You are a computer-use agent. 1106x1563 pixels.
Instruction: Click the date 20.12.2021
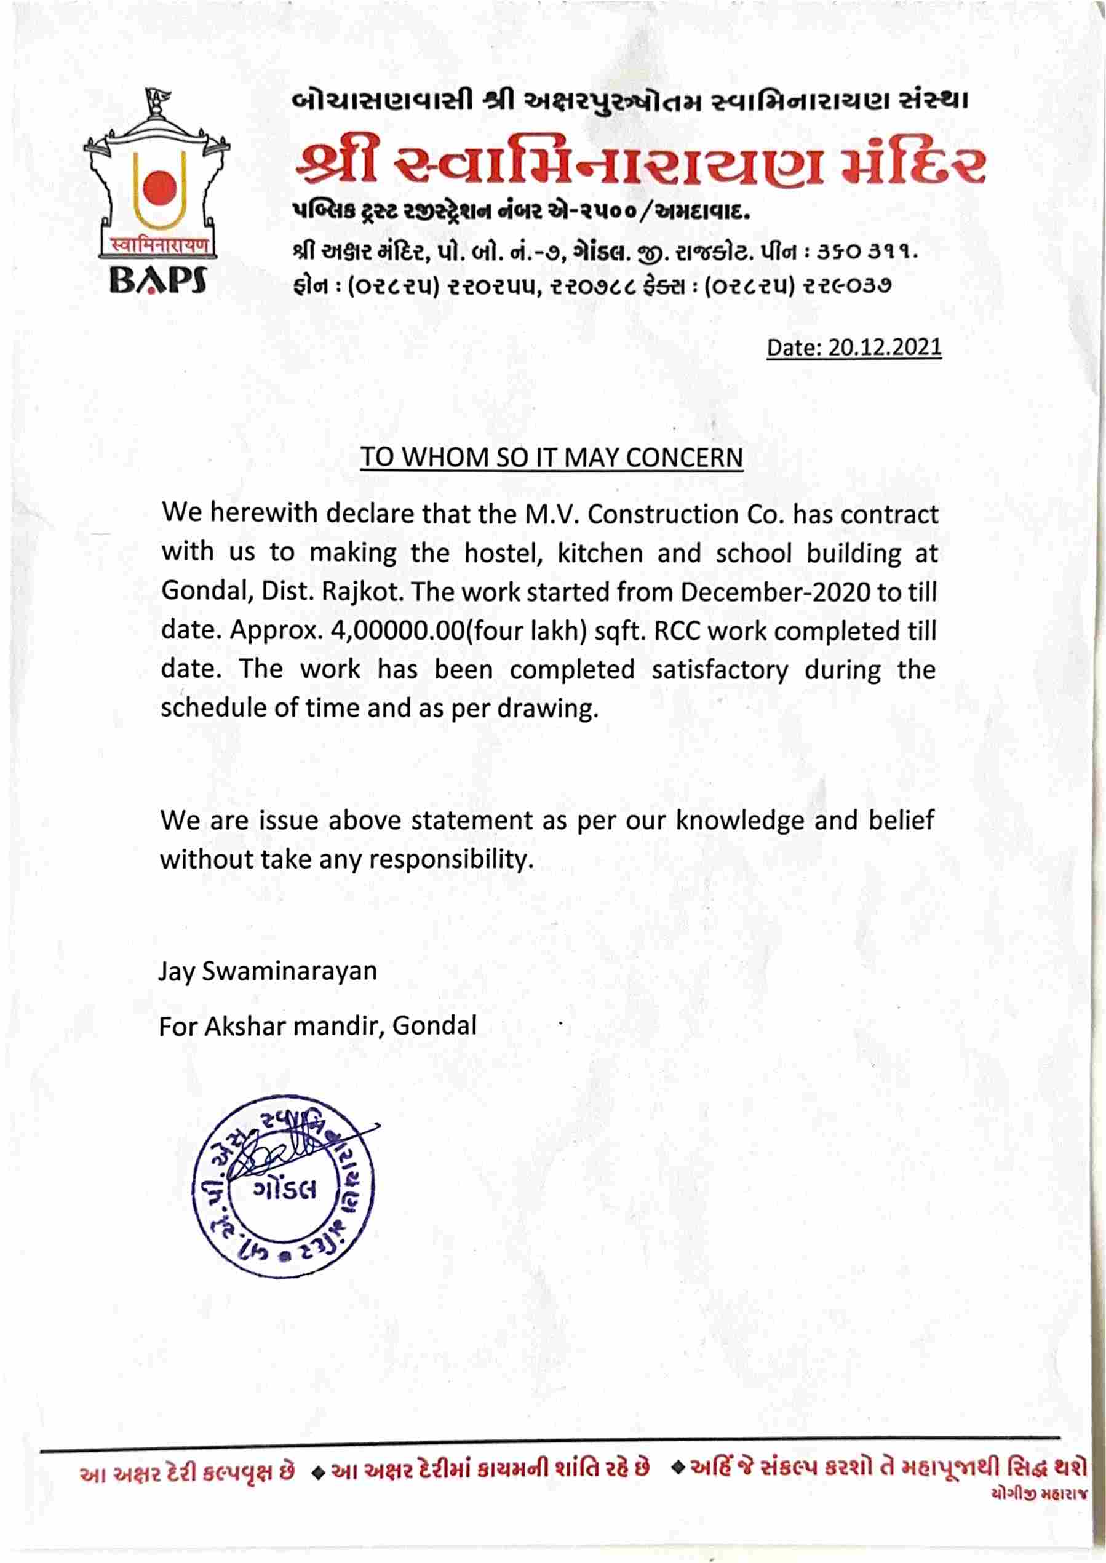885,348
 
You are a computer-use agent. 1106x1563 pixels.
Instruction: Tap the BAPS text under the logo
159,279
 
